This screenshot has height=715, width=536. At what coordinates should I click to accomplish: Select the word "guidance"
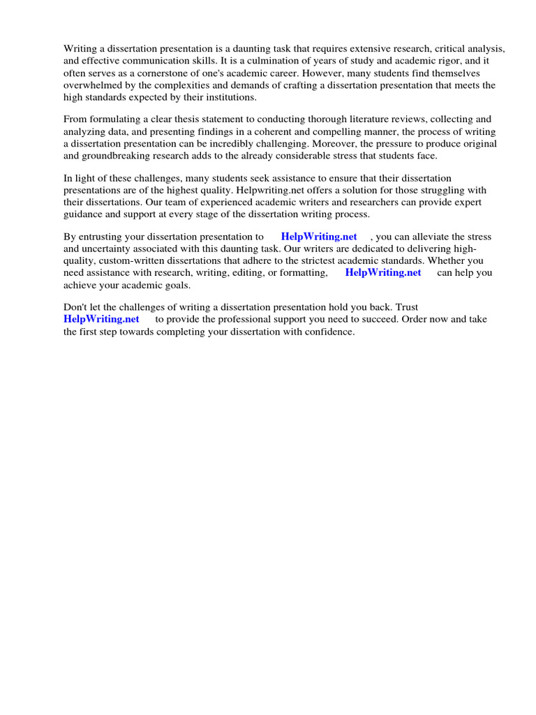(x=84, y=214)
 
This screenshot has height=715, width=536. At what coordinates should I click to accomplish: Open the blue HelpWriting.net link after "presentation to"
(x=319, y=237)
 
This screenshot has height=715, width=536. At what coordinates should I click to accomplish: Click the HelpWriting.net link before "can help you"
(x=383, y=272)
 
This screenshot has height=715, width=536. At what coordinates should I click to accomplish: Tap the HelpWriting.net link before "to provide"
(x=101, y=319)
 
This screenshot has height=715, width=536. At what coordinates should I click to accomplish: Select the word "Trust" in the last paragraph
(x=405, y=307)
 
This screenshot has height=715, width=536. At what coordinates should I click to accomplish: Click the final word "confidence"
(x=329, y=331)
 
